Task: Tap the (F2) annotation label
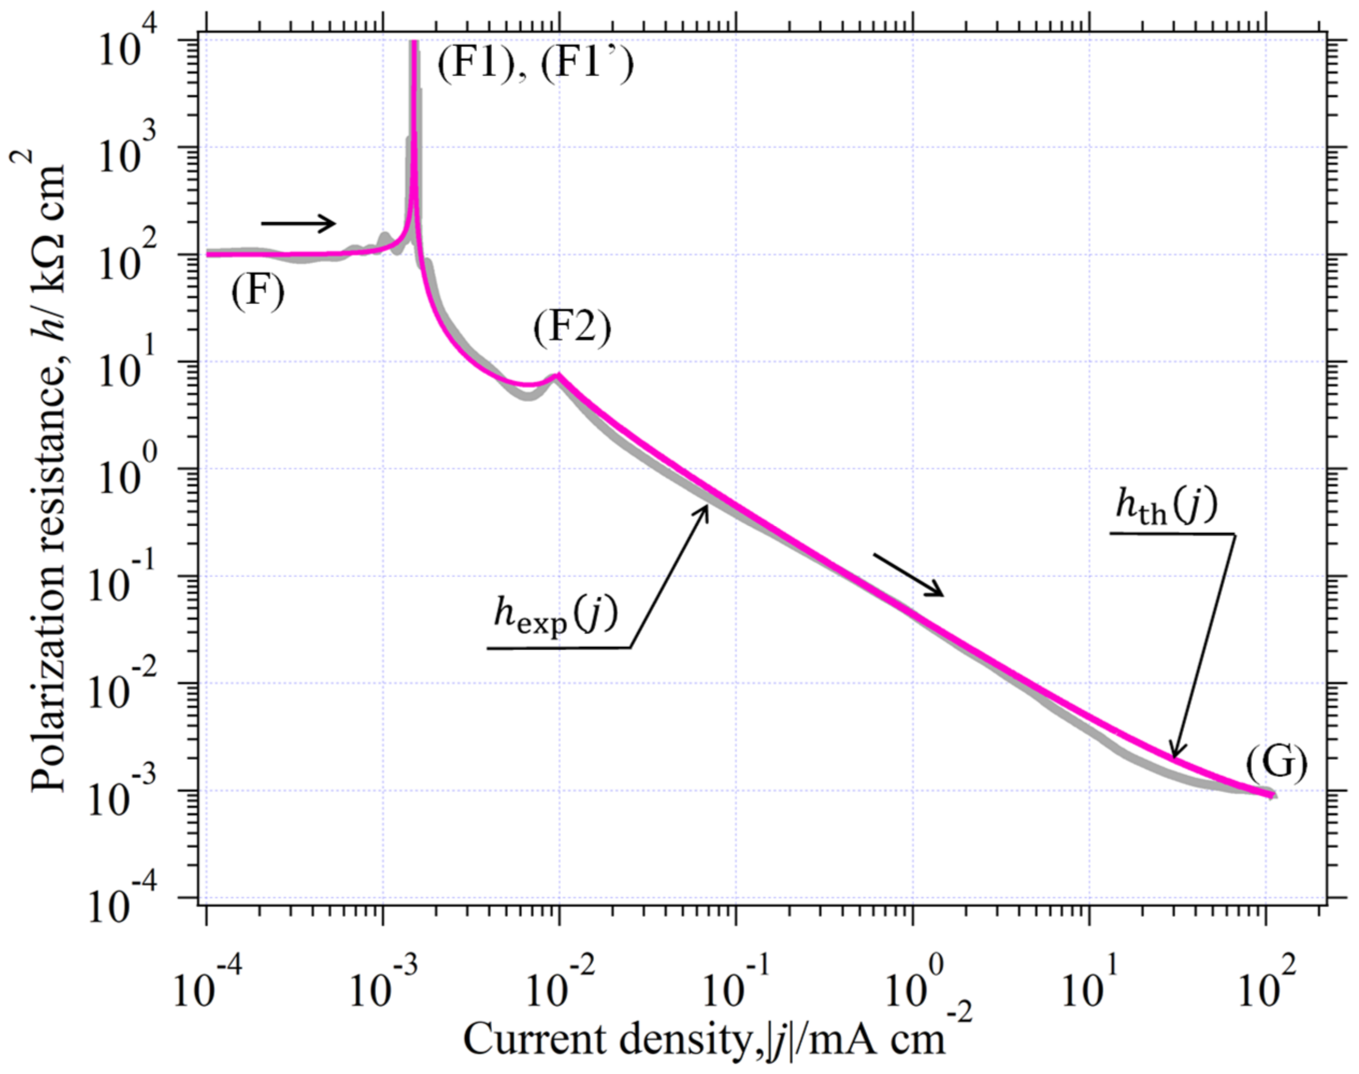(572, 330)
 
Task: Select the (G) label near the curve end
(1276, 763)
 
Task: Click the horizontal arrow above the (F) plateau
(299, 223)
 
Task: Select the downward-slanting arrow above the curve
(908, 575)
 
